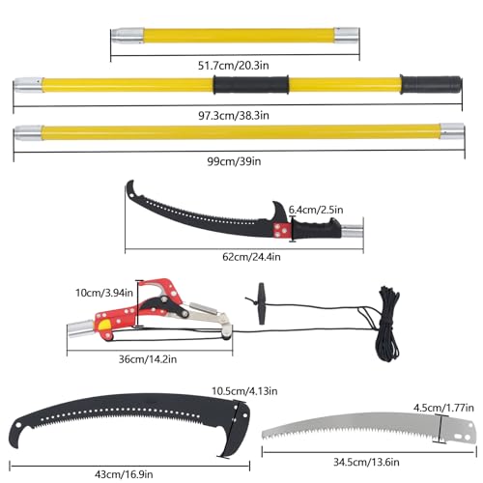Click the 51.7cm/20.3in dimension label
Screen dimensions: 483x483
coord(234,66)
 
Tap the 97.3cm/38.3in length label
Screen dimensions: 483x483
coord(234,115)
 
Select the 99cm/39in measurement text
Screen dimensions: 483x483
coord(234,161)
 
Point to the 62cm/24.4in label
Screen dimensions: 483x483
coord(251,257)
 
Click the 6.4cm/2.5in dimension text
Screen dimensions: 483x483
coord(316,210)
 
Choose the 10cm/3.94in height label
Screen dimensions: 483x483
coord(104,293)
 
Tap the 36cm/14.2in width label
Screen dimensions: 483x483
coord(148,359)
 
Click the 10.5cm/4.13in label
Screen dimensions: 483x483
coord(244,391)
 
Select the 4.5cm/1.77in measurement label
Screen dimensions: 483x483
coord(443,408)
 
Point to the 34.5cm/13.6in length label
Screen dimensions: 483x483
coord(366,462)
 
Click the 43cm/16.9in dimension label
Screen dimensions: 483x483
coord(124,474)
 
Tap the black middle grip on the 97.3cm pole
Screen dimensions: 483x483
coord(251,85)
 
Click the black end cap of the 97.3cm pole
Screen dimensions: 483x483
coord(432,85)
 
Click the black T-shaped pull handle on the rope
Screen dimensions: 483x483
coord(261,303)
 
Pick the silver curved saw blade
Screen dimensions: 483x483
coord(369,428)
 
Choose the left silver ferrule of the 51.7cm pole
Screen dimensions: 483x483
coord(128,36)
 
